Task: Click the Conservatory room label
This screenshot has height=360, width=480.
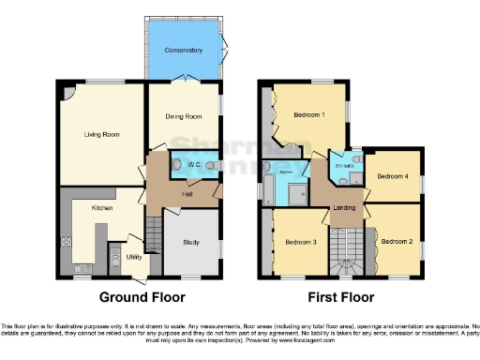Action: click(x=183, y=50)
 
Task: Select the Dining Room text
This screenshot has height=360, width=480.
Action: click(x=184, y=116)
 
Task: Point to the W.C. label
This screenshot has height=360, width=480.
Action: click(x=195, y=166)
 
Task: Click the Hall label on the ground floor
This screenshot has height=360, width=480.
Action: click(x=187, y=194)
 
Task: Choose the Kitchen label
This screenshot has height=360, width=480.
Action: click(x=102, y=207)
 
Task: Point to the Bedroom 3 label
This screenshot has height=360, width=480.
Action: click(x=301, y=242)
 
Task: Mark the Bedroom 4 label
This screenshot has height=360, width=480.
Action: click(x=392, y=175)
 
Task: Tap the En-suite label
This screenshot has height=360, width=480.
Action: click(x=345, y=166)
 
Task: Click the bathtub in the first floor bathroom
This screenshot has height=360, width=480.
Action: click(x=270, y=187)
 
